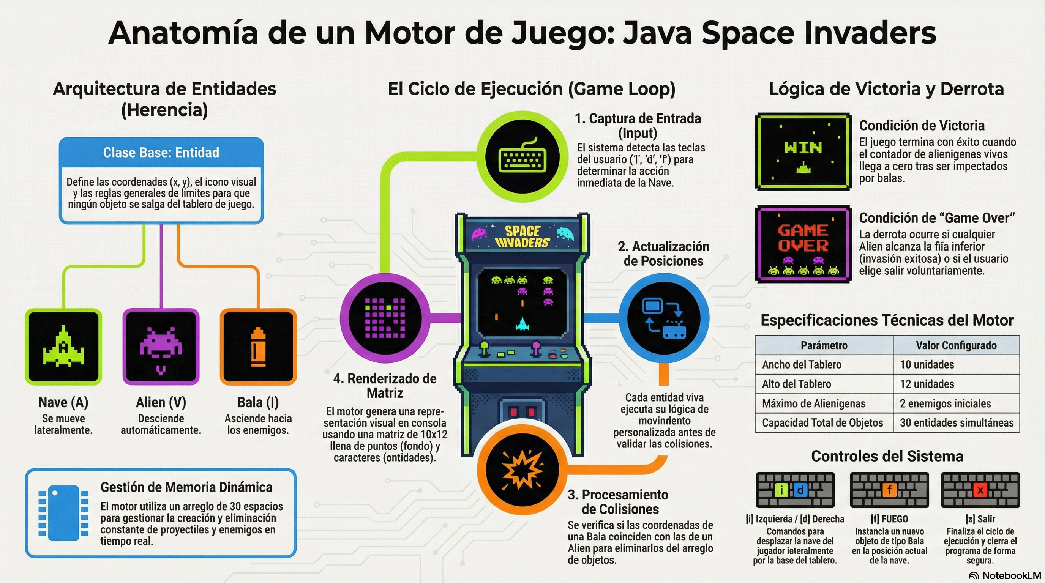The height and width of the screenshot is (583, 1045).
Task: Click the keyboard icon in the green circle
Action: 522,156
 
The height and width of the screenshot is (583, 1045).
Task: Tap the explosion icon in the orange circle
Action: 522,470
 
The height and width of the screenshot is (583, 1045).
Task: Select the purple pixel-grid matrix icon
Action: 385,318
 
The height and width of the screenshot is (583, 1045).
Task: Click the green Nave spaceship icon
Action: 63,347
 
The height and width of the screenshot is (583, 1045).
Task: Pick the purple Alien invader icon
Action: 161,347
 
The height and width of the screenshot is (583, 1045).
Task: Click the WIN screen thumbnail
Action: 803,151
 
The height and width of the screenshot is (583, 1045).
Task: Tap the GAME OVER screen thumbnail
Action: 803,244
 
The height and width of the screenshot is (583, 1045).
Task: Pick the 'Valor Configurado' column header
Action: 956,345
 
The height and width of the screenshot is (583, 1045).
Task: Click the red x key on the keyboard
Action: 980,490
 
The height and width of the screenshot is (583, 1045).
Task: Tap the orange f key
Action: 889,490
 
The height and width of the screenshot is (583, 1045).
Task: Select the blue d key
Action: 800,490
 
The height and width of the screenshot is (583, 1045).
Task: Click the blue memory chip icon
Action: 63,513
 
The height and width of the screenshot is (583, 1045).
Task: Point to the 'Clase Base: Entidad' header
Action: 161,153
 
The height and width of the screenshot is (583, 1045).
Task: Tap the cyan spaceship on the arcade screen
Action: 522,323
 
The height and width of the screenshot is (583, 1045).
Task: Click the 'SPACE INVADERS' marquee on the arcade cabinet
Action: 522,237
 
